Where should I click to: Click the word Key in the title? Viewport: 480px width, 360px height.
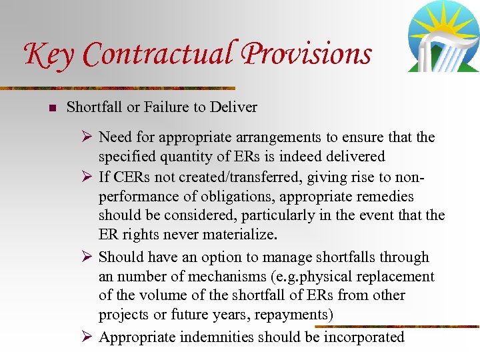click(49, 55)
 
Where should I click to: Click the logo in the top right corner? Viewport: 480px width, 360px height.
click(443, 37)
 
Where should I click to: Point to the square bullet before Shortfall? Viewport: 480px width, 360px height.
click(51, 107)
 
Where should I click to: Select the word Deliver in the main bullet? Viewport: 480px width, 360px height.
click(233, 107)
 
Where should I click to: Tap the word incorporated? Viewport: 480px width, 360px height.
click(364, 337)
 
